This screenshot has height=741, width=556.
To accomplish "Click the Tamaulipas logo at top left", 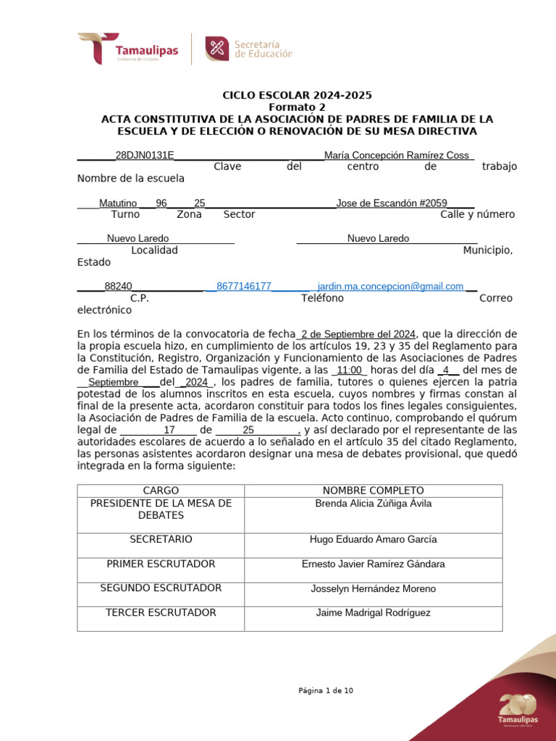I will click(127, 48).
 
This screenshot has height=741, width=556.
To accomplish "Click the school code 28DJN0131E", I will click(145, 156).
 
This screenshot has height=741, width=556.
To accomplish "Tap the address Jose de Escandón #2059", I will click(392, 203).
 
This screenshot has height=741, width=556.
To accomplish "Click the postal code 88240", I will click(118, 287).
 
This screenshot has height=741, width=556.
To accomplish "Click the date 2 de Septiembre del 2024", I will click(358, 334).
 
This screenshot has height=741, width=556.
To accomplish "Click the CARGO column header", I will click(161, 491).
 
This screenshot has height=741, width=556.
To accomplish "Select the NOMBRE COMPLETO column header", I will click(373, 491).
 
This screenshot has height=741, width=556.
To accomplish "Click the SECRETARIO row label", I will click(161, 539).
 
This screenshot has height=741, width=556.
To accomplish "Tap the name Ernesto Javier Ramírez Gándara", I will click(373, 564).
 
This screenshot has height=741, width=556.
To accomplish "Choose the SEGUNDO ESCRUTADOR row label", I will click(161, 588).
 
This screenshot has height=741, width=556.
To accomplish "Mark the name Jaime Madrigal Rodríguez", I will click(373, 613).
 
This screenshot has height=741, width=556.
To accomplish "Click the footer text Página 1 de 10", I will click(326, 690).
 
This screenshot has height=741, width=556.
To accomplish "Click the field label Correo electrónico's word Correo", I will click(496, 298).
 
